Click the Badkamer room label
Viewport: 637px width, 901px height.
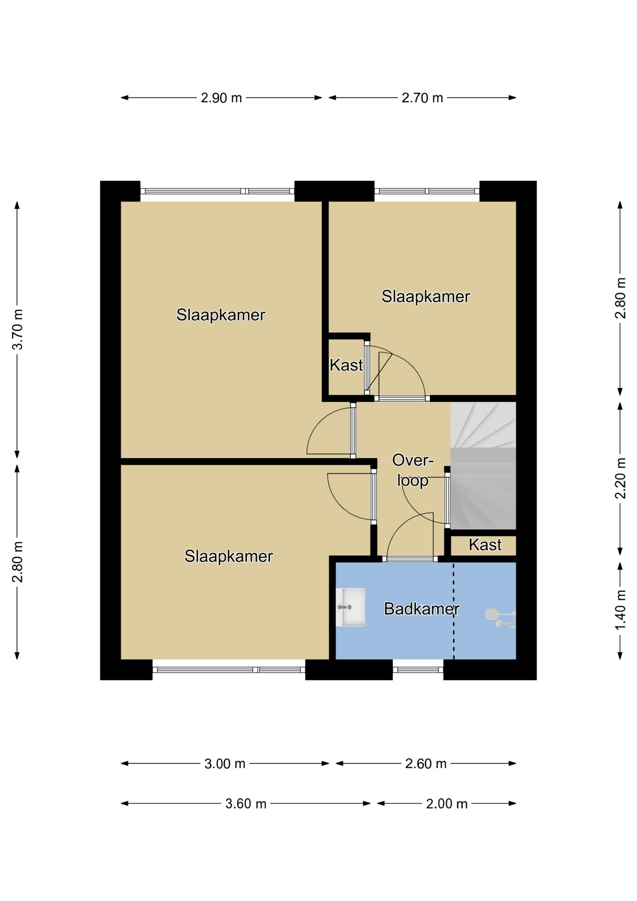point(421,609)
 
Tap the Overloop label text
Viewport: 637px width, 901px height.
point(413,470)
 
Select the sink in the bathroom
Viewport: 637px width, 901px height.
point(350,607)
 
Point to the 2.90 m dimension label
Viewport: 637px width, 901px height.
point(221,98)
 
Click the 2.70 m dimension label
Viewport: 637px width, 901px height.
point(422,98)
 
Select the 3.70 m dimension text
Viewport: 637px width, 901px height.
point(17,329)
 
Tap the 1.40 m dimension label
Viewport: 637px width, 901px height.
point(620,611)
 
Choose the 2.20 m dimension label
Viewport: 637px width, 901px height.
point(620,478)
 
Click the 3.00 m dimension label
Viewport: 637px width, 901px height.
point(225,764)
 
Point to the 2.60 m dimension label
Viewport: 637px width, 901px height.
point(426,764)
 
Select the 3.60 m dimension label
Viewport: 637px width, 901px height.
point(246,804)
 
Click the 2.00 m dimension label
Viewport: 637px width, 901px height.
point(447,804)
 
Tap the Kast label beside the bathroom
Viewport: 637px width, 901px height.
point(485,545)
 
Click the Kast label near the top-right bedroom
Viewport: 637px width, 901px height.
point(346,365)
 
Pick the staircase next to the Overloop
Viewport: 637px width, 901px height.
point(483,466)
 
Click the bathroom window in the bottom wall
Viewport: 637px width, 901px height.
point(418,670)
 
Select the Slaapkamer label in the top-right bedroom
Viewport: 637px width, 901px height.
point(425,297)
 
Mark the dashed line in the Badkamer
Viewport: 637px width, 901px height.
point(454,611)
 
